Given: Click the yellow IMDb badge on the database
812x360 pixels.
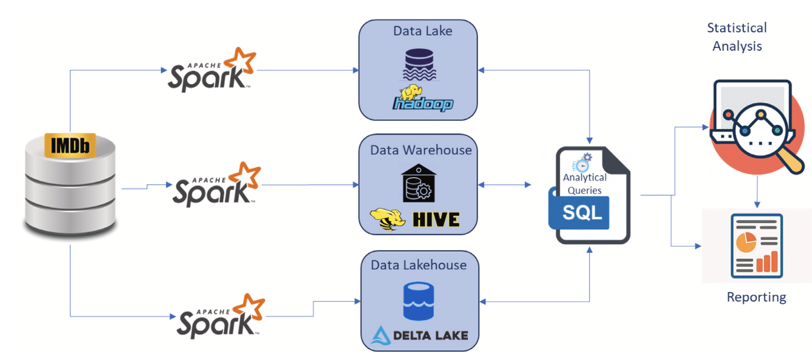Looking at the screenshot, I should tap(70, 146).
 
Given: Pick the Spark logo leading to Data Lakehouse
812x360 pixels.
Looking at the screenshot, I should tap(221, 316).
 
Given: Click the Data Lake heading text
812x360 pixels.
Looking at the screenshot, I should tap(422, 31).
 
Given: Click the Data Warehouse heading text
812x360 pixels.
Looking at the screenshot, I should tap(421, 149).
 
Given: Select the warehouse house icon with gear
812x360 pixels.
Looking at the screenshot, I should tap(418, 183).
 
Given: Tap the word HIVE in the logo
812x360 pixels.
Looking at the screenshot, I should tap(436, 219).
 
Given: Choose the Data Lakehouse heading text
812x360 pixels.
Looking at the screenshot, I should tap(419, 265).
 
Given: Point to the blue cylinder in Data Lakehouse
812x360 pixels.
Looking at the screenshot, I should tap(419, 301).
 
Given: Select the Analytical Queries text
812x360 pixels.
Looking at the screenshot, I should tap(585, 184).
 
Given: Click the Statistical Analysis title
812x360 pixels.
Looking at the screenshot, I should tap(737, 37).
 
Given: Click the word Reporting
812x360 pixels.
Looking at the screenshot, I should tap(756, 297).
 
